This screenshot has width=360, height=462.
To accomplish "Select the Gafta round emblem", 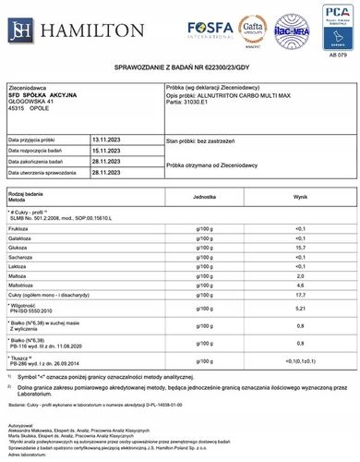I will tap(249, 29).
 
